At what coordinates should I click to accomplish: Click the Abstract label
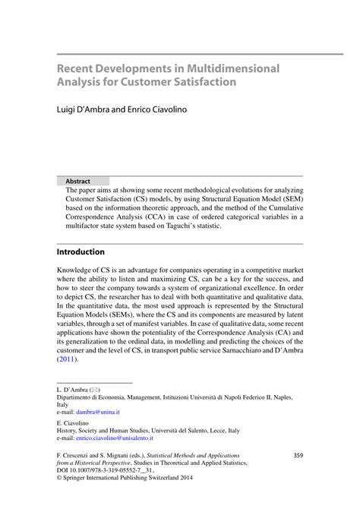[78, 182]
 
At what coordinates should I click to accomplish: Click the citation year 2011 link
[66, 360]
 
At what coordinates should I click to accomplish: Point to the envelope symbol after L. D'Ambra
[95, 389]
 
